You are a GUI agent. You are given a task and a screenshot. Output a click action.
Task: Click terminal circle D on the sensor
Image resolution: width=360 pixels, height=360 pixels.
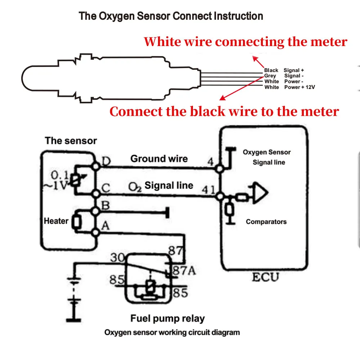point(96,167)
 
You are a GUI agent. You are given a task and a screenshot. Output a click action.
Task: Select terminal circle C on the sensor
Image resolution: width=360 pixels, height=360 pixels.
point(96,194)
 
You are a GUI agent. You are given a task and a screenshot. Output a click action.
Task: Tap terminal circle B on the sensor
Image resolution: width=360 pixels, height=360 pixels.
point(96,211)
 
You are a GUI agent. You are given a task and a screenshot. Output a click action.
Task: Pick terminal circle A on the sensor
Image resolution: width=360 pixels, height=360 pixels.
point(96,233)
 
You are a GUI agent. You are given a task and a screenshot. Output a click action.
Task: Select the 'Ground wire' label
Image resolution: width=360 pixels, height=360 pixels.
point(159,159)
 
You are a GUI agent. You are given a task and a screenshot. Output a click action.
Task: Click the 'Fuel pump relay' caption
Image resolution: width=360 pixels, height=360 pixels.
point(167,319)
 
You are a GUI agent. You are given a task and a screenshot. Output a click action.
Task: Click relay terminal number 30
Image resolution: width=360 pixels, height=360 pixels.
point(117,258)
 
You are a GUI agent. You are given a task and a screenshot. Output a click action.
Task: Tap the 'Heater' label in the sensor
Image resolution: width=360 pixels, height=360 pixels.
point(56,221)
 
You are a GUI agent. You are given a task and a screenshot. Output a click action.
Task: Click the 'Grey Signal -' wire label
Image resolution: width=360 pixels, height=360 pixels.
point(284,76)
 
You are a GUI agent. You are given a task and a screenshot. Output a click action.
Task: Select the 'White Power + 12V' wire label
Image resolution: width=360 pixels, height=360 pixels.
point(289,87)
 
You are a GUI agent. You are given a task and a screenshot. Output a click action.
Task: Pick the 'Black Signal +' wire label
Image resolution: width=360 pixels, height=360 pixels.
point(284,70)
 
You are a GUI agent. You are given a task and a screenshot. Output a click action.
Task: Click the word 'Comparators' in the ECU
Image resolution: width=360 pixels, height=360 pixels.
point(266,222)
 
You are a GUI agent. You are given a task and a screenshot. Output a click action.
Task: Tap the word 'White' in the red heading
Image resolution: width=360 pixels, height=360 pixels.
point(163,42)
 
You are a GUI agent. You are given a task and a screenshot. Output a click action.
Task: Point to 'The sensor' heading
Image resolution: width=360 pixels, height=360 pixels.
point(71,141)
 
